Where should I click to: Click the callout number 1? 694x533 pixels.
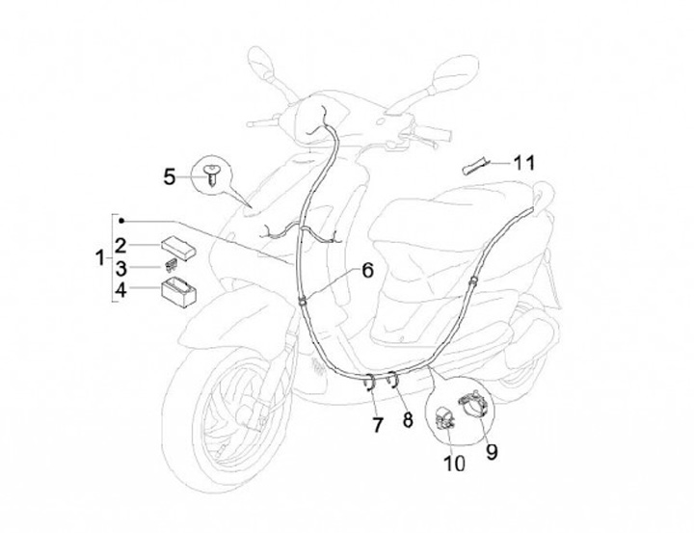[100, 257]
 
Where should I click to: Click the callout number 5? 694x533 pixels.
[170, 176]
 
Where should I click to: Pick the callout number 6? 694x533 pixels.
[367, 271]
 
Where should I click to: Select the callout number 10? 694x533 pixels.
[453, 463]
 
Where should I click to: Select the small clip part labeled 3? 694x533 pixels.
[170, 263]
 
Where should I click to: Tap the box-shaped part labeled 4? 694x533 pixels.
[177, 288]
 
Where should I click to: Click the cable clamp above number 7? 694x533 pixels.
[370, 380]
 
